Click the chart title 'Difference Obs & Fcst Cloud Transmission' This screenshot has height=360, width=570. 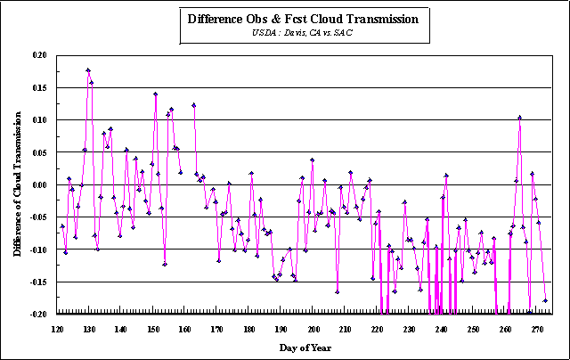(x=303, y=20)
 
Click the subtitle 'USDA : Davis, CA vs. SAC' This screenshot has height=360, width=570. (x=302, y=33)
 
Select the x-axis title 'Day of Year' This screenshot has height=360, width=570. (x=305, y=348)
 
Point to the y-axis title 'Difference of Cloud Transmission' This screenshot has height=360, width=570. (x=17, y=184)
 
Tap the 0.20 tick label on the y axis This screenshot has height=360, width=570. (x=39, y=55)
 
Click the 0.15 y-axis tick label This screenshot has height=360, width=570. (x=39, y=87)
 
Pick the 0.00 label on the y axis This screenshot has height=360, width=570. (x=39, y=184)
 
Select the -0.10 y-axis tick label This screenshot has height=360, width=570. (x=38, y=250)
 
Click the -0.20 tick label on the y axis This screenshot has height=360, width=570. (x=38, y=315)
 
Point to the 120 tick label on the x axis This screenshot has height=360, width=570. (x=57, y=330)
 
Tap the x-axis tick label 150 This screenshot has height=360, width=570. (x=153, y=330)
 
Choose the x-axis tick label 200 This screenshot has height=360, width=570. (x=313, y=330)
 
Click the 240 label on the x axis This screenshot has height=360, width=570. (x=441, y=330)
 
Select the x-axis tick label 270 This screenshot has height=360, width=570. (x=537, y=330)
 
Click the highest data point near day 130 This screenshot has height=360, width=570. (x=88, y=70)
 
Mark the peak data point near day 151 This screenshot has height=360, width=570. (x=155, y=94)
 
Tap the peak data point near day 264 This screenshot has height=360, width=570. (x=519, y=118)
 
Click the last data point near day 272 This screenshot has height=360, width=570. (x=545, y=300)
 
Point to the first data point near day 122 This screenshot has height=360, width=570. (x=62, y=226)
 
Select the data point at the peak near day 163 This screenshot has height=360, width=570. (x=194, y=105)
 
